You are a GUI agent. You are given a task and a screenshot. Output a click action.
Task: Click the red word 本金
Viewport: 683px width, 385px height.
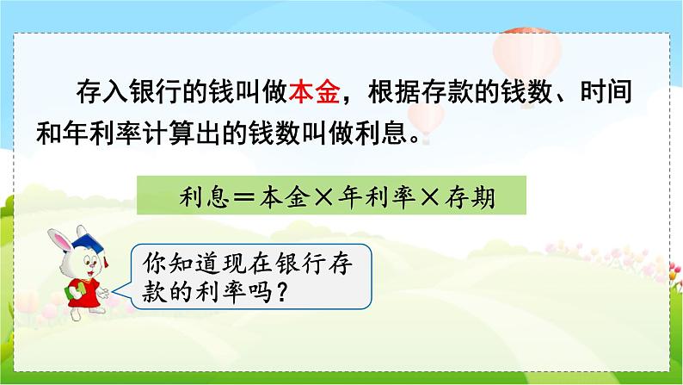[314, 91]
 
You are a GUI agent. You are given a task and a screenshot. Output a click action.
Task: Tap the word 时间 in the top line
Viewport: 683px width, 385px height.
[606, 91]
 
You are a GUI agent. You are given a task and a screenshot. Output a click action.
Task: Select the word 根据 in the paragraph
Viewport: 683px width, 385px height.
[394, 91]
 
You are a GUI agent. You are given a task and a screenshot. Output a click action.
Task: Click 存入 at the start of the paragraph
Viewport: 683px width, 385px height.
[102, 91]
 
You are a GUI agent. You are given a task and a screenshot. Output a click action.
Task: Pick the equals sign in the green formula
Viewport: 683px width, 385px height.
[244, 198]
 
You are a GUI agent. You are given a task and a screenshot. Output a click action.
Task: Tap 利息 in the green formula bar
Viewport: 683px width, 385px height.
[204, 197]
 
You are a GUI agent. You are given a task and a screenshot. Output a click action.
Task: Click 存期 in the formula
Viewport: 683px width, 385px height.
[470, 197]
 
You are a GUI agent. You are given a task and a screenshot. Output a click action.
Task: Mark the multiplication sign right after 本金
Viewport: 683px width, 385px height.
[323, 198]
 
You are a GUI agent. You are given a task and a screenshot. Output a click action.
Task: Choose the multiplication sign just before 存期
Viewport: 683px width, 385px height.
[430, 198]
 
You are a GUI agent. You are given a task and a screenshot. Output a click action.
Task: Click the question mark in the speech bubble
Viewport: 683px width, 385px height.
[282, 292]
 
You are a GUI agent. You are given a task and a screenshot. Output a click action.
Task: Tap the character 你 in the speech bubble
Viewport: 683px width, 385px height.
[154, 263]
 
